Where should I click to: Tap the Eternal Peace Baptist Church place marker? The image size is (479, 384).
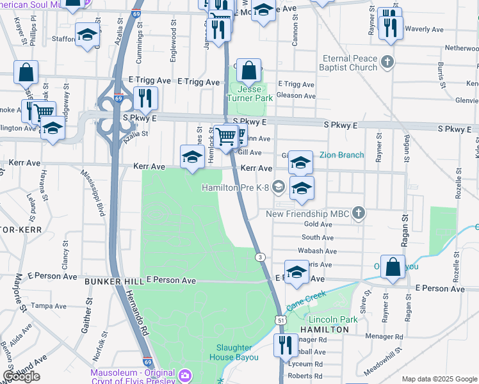[x=387, y=62]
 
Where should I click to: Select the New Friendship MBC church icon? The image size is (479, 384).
[x=359, y=212]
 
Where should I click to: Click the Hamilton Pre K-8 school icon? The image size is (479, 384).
[x=278, y=188]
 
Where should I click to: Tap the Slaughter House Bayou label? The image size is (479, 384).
[x=236, y=353]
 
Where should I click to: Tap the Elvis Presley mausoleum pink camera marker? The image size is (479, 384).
[x=185, y=374]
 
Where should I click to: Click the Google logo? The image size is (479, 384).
[x=21, y=376]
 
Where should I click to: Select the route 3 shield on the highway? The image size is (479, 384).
[x=260, y=257]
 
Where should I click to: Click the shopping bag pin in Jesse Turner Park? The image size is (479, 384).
[x=250, y=70]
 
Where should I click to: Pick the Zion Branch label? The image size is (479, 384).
[x=341, y=155]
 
